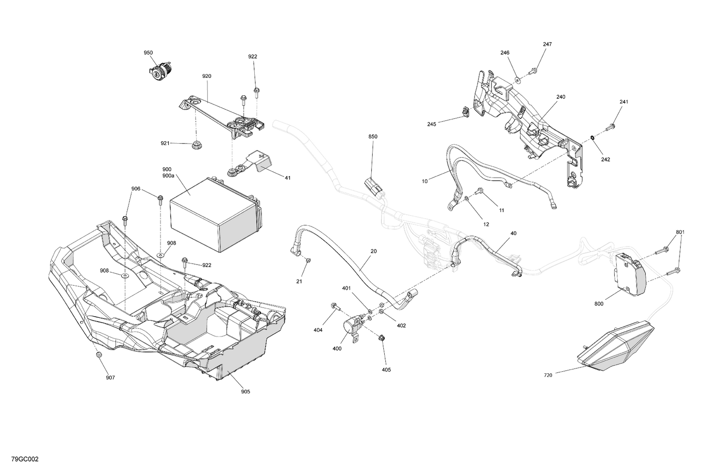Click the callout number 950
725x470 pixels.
click(x=148, y=52)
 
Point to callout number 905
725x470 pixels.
click(x=246, y=392)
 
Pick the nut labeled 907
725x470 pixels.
click(x=99, y=355)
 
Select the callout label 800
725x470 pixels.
click(x=599, y=304)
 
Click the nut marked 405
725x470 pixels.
click(x=381, y=338)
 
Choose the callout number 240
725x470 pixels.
click(x=560, y=97)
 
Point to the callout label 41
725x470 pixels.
click(x=288, y=178)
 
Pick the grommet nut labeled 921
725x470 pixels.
click(x=196, y=144)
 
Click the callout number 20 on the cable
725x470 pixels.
click(x=374, y=251)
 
